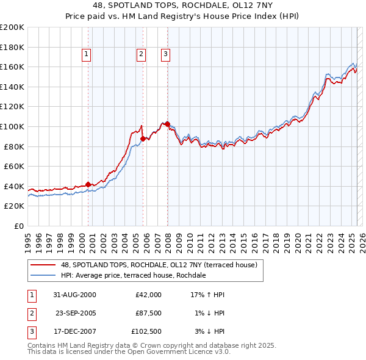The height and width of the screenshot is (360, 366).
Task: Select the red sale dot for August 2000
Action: [x=88, y=184]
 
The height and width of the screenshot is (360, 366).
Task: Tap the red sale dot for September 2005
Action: [x=143, y=139]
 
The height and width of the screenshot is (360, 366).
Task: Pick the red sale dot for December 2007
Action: [x=167, y=124]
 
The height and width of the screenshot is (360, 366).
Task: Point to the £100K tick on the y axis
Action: [x=12, y=126]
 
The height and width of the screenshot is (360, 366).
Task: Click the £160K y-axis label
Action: [x=12, y=67]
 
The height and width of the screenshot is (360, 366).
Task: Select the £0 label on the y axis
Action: [x=19, y=226]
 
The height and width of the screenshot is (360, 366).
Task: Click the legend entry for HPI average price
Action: [x=134, y=275]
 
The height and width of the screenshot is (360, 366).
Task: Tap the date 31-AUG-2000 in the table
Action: [x=74, y=295]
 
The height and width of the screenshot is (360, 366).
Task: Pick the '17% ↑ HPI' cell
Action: [x=208, y=295]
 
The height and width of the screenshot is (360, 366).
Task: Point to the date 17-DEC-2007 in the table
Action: [x=74, y=333]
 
